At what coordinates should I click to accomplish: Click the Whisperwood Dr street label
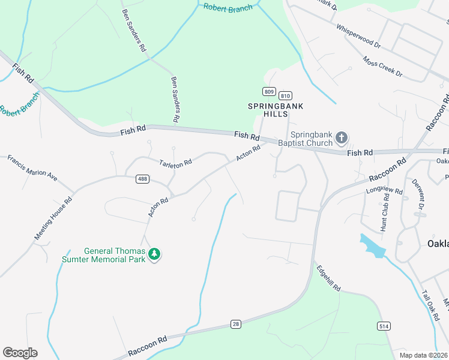coord(359,36)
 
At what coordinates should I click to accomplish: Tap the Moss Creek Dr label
coord(382,66)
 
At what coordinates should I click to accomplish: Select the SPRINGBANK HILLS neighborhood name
coord(276,110)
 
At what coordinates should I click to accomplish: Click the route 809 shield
coord(268,91)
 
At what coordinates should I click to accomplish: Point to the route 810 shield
coord(285,96)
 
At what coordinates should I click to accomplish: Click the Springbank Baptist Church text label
coord(312,139)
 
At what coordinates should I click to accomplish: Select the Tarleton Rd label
coord(175,163)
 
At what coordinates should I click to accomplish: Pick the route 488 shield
coord(142,179)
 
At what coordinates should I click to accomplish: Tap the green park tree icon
coord(155,254)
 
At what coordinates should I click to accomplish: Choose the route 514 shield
coord(382,325)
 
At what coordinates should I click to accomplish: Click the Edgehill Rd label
coord(328,278)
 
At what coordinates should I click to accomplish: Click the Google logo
coord(20,353)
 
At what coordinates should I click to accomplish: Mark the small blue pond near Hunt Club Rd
coord(372,246)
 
